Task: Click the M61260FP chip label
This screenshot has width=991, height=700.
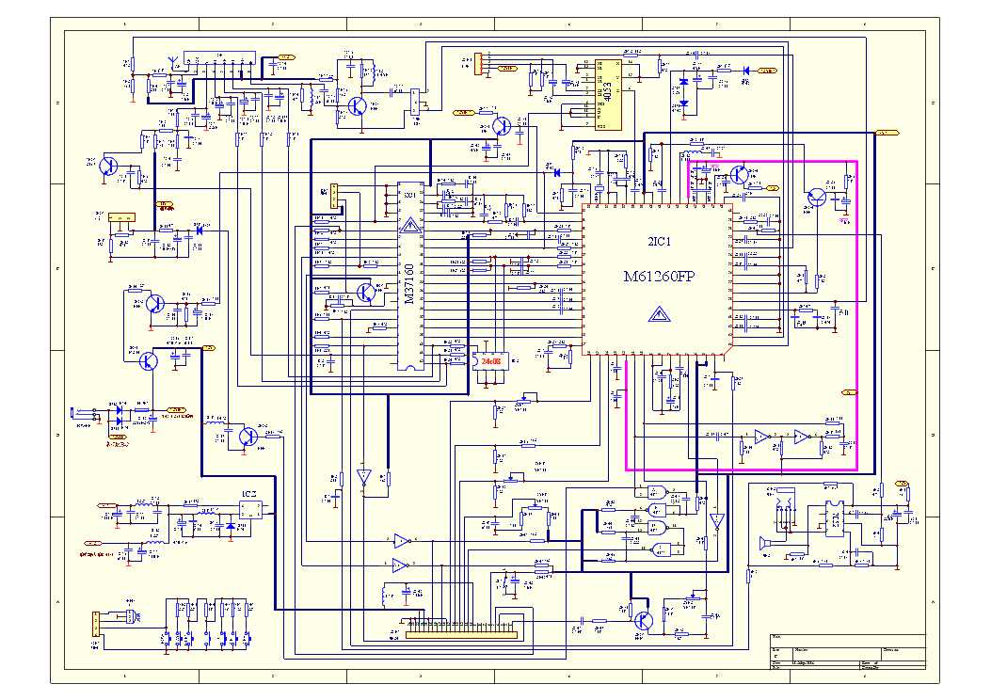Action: click(x=658, y=277)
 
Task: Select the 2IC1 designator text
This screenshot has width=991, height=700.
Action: click(x=660, y=242)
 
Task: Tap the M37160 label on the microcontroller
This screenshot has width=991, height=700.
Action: click(x=408, y=282)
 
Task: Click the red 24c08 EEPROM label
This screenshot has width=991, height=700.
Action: click(x=491, y=360)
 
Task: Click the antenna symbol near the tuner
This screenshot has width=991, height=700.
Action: click(x=172, y=63)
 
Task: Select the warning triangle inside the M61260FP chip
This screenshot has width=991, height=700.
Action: click(x=658, y=314)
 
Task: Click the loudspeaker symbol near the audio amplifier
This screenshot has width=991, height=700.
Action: click(x=764, y=543)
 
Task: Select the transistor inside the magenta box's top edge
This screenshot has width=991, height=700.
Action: click(x=739, y=175)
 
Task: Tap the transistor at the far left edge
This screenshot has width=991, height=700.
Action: click(x=107, y=167)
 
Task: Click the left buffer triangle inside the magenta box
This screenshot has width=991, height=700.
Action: click(x=760, y=437)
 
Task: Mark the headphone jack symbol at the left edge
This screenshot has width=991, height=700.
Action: click(x=84, y=412)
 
